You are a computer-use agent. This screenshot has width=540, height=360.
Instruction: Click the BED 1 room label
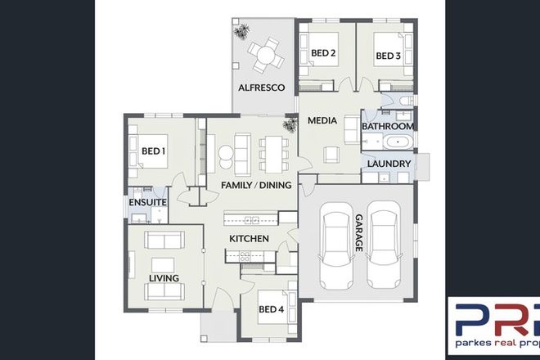153,151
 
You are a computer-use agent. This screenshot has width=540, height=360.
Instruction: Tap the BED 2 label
323,55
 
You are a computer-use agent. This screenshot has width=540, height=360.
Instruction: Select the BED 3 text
387,56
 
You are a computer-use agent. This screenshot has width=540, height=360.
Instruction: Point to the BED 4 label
271,309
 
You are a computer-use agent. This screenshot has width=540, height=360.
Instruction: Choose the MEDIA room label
322,121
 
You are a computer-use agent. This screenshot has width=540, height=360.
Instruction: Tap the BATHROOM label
387,127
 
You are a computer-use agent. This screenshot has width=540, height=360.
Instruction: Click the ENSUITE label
147,202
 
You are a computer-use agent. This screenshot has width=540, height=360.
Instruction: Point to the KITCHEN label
249,238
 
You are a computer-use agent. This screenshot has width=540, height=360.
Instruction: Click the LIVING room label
164,277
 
